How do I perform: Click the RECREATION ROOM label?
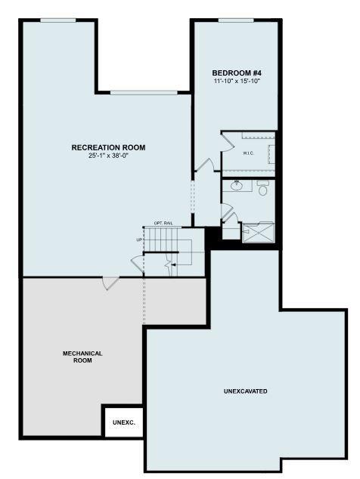coord(108,147)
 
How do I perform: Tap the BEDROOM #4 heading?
coord(237,73)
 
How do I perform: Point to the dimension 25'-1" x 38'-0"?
coord(108,156)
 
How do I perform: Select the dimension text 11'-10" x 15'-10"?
coord(237,82)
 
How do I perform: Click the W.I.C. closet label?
coord(248,153)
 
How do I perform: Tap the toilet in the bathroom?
coord(262,188)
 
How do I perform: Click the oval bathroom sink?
coord(237,185)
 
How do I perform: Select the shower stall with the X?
coord(258,233)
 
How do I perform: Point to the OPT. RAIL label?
coord(163,224)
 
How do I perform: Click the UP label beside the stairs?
coord(139,239)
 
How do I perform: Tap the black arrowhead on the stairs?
coord(173,264)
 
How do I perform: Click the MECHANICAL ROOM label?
coord(82,357)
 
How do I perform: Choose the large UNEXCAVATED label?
coord(245,391)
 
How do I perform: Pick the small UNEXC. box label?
coord(124,423)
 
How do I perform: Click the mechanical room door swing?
coord(110,283)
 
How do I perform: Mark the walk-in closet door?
coord(227,142)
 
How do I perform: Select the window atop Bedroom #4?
coord(236,20)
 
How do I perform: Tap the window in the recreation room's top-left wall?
coord(58,20)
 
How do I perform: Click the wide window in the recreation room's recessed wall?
coord(144,93)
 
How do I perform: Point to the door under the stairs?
coord(138,264)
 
